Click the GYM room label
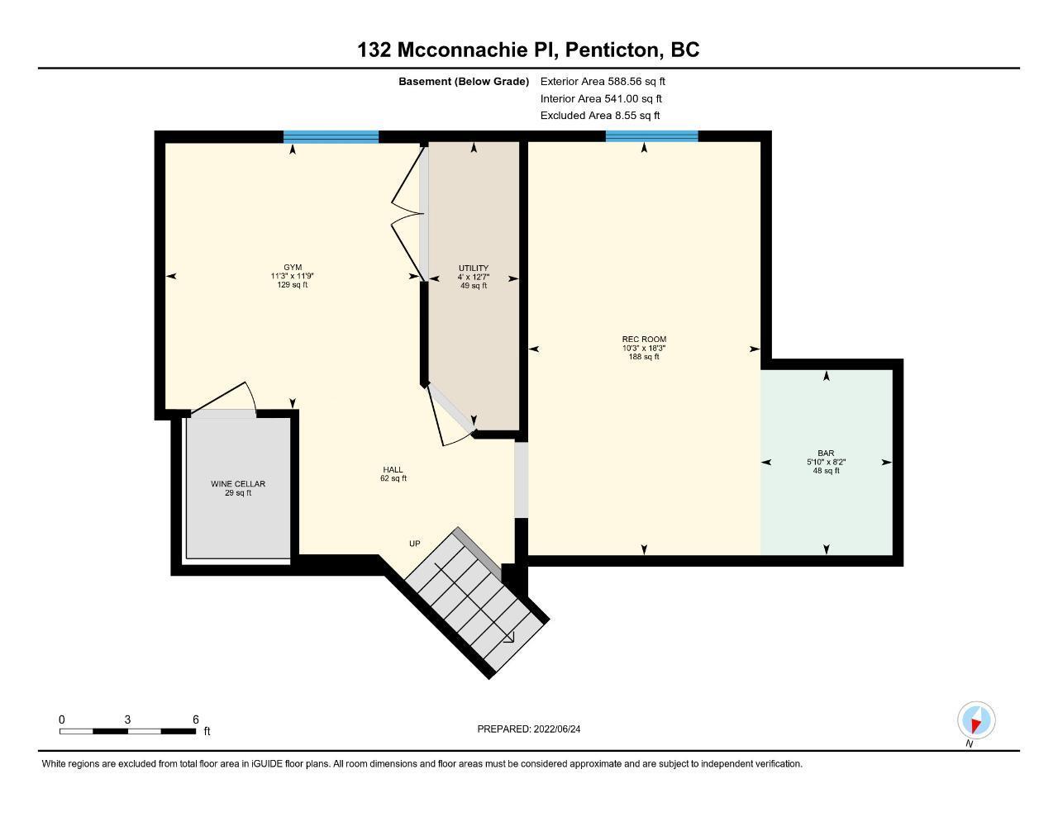coord(292,267)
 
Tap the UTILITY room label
coord(474,268)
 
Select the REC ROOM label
coord(644,340)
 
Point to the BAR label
coord(826,453)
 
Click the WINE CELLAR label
coord(237,484)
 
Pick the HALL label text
coord(393,469)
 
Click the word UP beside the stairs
coord(414,544)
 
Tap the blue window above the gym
coord(331,137)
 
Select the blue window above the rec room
coord(651,136)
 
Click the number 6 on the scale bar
coord(196,720)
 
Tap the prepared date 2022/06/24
coord(557,729)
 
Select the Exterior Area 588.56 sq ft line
coord(603,81)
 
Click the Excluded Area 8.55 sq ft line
coord(600,116)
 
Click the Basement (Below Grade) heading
coord(464,81)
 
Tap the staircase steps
coord(477,600)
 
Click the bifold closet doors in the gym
coord(407,214)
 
